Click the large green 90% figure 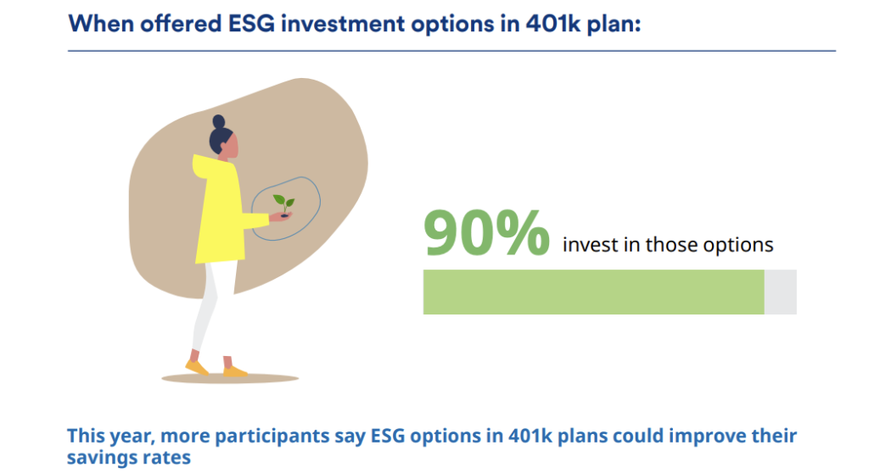[x=486, y=232]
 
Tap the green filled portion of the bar [x=593, y=292]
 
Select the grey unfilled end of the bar [x=781, y=292]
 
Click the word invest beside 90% [x=591, y=244]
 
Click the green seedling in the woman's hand [x=283, y=204]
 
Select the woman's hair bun [x=218, y=122]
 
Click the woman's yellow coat [x=221, y=210]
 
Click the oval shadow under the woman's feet [x=230, y=378]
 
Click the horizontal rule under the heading [x=451, y=51]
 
